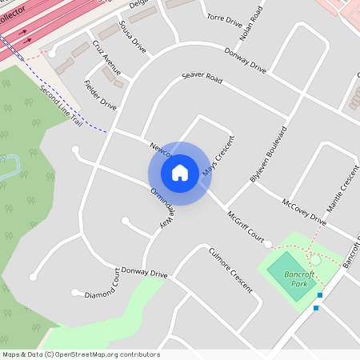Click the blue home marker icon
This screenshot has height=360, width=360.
[x=180, y=172]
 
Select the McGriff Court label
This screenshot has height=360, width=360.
[x=245, y=228]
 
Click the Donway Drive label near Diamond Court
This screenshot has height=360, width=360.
[x=145, y=274]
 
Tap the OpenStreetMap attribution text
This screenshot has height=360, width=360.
[x=81, y=354]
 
